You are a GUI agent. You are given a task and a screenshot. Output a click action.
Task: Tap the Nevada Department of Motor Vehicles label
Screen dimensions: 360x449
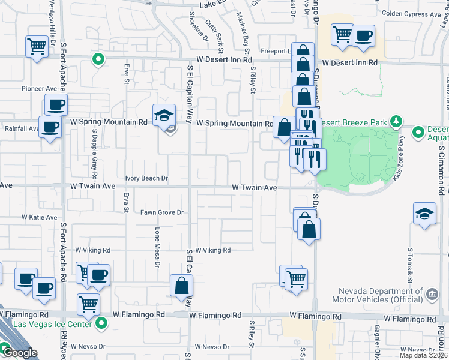coord(378,294)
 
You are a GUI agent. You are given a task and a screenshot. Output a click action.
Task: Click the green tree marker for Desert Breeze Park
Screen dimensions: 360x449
coord(396,122)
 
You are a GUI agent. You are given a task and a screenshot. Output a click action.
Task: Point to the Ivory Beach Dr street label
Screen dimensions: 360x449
coord(146,178)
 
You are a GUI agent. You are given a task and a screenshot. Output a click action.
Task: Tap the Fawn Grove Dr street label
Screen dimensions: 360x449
coord(161,212)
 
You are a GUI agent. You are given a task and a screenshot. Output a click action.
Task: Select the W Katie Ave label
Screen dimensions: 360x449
coord(39,217)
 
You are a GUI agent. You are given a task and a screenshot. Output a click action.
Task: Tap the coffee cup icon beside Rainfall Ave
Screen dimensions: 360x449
coord(50,127)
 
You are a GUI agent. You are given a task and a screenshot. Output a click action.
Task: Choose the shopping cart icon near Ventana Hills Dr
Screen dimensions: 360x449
coord(37,46)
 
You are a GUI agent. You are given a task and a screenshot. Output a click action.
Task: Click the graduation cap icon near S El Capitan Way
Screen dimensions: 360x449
coord(164,115)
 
